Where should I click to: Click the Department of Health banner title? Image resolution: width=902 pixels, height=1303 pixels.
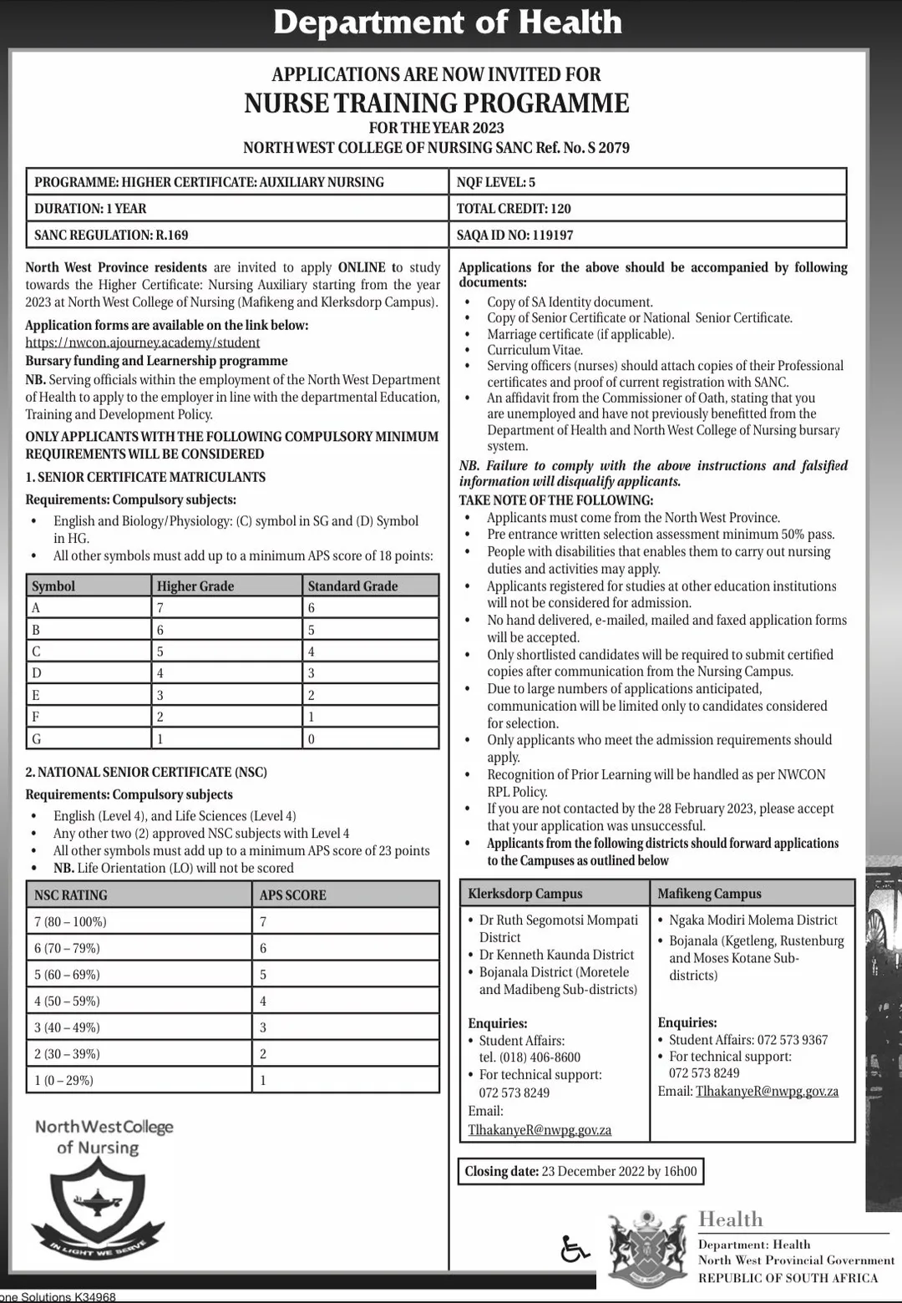coord(448,23)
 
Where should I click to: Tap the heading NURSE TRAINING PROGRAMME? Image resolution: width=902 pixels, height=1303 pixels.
coord(437,103)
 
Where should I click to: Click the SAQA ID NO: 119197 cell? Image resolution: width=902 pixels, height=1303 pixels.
coord(514,235)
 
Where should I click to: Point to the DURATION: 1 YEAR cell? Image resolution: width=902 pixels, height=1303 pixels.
coord(90,208)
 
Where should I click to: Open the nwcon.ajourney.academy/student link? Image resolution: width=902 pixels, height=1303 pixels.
coord(142,342)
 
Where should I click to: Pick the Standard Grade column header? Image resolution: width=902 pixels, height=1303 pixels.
coord(352,586)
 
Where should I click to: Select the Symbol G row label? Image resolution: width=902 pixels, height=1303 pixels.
coord(37,738)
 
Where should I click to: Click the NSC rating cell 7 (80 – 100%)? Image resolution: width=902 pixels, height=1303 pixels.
coord(70,921)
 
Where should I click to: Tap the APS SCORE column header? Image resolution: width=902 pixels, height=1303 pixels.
coord(292,895)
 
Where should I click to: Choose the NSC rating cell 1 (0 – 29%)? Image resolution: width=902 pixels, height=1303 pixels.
coord(63,1080)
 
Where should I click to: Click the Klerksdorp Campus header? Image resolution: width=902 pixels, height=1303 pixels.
coord(525,893)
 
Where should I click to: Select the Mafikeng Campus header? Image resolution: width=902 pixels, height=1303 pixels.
coord(709,893)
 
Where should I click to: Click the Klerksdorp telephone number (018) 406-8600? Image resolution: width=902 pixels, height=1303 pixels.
coord(530,1057)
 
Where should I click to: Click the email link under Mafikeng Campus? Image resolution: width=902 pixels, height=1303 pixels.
coord(767,1091)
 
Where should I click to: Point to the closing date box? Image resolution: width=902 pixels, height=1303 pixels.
coord(580,1171)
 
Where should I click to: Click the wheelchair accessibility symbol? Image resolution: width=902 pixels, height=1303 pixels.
coord(575,1249)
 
